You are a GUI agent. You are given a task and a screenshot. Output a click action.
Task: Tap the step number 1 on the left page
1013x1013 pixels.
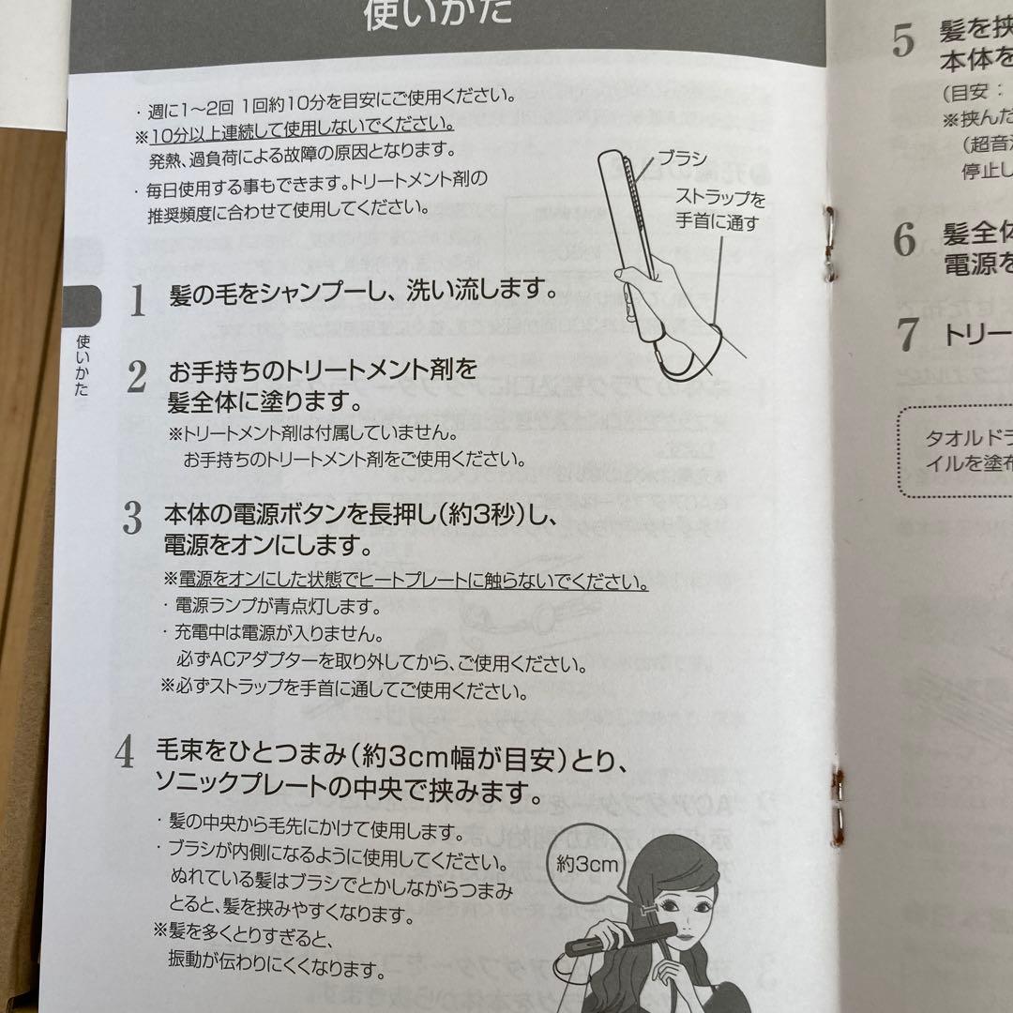(138, 299)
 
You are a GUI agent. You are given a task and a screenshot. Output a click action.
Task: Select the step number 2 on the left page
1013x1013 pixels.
(137, 377)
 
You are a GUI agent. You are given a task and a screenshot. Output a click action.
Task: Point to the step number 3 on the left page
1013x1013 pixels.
(132, 518)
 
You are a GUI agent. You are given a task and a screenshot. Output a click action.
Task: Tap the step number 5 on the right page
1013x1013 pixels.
(903, 43)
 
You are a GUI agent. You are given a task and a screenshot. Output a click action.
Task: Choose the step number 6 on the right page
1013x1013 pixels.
(904, 241)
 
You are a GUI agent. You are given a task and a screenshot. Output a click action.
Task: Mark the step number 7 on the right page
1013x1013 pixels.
(906, 335)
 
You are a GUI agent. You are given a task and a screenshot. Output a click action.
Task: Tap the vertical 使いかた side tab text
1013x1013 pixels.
(83, 366)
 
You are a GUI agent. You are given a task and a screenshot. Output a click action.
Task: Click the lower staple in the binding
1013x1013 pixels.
(837, 802)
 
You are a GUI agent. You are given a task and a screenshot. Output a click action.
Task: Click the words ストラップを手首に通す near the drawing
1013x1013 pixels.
(720, 210)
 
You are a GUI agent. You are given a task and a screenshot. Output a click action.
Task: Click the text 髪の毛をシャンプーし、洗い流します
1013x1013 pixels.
(362, 292)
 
